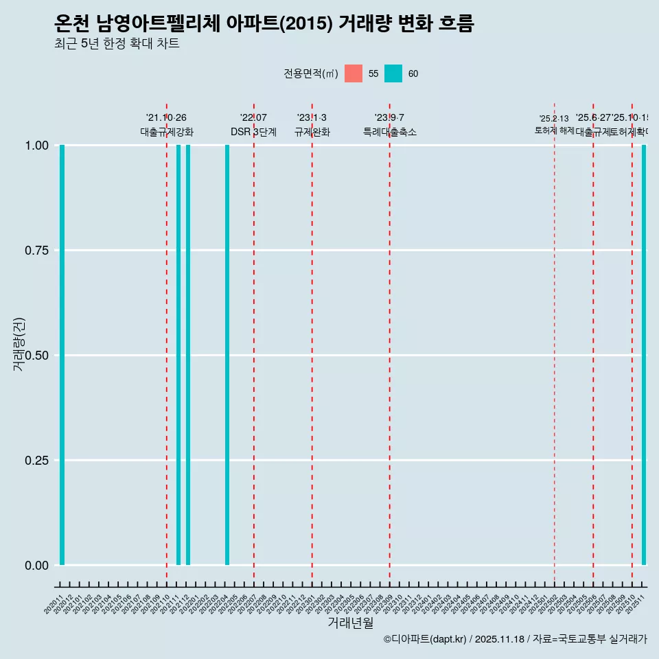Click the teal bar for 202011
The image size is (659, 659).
tap(62, 355)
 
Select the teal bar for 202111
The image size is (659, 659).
tap(178, 355)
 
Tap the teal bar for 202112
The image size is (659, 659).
tap(188, 355)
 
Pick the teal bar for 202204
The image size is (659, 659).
tap(227, 355)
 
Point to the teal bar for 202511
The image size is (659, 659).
tap(644, 355)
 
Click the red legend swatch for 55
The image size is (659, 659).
tap(354, 73)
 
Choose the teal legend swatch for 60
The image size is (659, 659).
tap(393, 73)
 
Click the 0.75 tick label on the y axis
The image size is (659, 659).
tap(35, 251)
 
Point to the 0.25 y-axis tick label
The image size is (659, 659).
tap(35, 461)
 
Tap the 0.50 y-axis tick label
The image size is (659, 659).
tap(35, 356)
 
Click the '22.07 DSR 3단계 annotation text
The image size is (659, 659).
tap(253, 125)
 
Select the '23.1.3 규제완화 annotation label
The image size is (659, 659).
tap(312, 125)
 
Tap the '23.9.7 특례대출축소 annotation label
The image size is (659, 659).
tap(389, 125)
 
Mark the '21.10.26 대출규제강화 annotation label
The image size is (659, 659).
tap(167, 125)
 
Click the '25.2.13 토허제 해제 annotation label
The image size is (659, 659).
tap(554, 125)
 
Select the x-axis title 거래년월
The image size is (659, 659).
tap(350, 623)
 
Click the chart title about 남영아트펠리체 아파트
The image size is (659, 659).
tap(264, 24)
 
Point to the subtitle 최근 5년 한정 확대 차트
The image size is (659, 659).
tap(117, 44)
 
